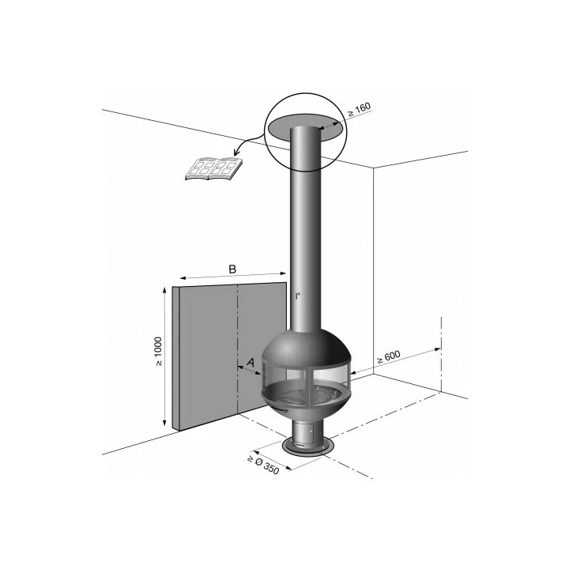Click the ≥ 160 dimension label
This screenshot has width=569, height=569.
pyautogui.click(x=359, y=110)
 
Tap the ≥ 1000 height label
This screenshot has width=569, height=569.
pyautogui.click(x=158, y=351)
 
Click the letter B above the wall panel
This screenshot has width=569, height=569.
pyautogui.click(x=232, y=269)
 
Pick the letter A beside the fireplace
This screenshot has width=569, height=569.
pyautogui.click(x=251, y=362)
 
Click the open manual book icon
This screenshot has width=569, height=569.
pyautogui.click(x=213, y=169)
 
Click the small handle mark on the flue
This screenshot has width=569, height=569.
pyautogui.click(x=298, y=296)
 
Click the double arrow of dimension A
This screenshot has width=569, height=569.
pyautogui.click(x=249, y=371)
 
